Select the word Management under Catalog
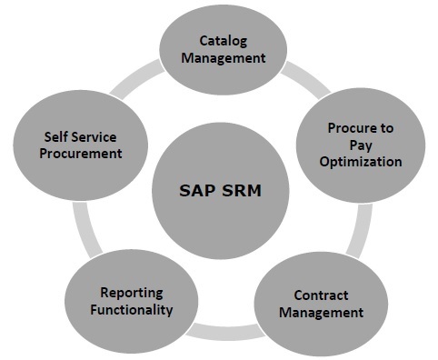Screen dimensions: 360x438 click(223, 57)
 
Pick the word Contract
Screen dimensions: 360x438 click(321, 295)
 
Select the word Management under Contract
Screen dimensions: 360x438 click(321, 312)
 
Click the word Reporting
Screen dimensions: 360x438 click(132, 293)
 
